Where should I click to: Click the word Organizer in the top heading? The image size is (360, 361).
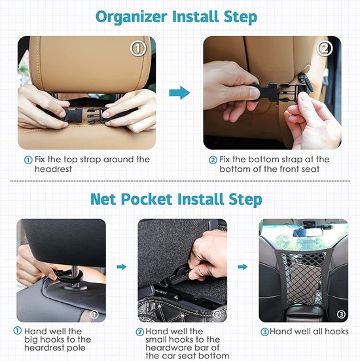coord(132,17)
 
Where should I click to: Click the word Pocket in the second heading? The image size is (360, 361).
coord(147,199)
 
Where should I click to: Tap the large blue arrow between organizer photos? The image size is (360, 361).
coord(179,93)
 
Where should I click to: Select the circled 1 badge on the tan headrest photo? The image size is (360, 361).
coord(138,48)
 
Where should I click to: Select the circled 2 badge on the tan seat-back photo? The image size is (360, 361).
coord(324,48)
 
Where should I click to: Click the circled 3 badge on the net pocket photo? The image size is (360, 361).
coord(341,314)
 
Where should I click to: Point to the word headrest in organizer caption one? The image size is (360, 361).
coord(53,169)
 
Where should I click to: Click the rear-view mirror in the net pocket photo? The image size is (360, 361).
coord(308,233)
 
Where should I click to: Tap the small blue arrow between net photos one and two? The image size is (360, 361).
coord(122,267)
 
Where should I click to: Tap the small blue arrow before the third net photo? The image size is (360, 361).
coord(242,267)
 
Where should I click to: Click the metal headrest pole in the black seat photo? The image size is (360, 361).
coord(76,275)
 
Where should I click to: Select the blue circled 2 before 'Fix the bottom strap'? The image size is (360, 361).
coord(213,160)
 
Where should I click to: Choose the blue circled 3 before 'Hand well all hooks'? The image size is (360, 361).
coord(264,332)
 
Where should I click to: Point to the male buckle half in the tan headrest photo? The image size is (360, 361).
coord(95,114)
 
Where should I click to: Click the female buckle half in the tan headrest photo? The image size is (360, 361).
coord(73,114)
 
